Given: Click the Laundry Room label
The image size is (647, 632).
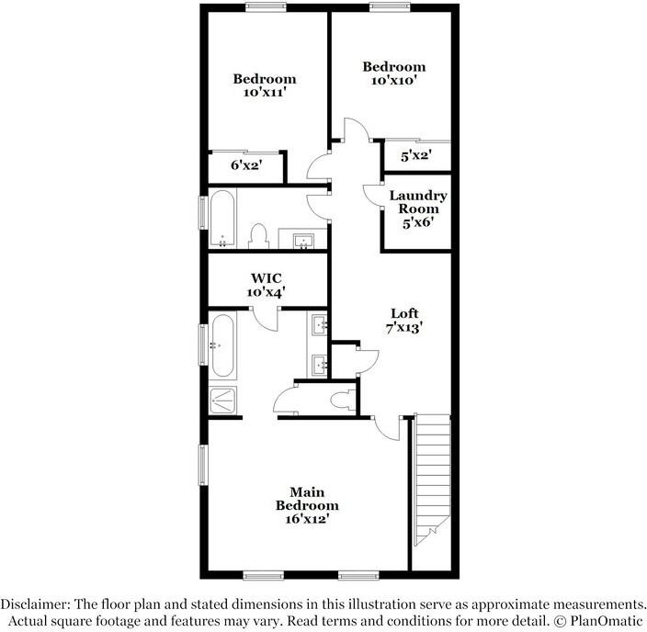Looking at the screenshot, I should point(417,209).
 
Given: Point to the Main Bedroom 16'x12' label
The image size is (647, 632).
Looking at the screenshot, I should point(307,505).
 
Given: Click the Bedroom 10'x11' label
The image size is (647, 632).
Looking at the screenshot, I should point(264,85).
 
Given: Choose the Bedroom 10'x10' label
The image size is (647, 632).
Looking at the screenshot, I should point(393,73).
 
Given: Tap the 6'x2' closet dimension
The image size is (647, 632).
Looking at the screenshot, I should point(245,165).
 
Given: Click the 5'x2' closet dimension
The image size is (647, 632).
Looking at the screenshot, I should point(416,156).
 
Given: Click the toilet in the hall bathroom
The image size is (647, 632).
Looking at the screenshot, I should point(258,237).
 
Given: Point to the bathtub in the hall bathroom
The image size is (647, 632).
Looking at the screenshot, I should point(222,219).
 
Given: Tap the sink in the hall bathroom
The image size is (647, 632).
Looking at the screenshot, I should point(304,241).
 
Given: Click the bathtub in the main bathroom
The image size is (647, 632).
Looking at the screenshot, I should point(222,346).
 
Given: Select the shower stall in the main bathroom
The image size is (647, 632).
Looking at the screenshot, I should point(224,399).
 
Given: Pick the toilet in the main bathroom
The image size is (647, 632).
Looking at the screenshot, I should point(341,400).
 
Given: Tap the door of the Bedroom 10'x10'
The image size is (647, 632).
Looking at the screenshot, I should point(357,131).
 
